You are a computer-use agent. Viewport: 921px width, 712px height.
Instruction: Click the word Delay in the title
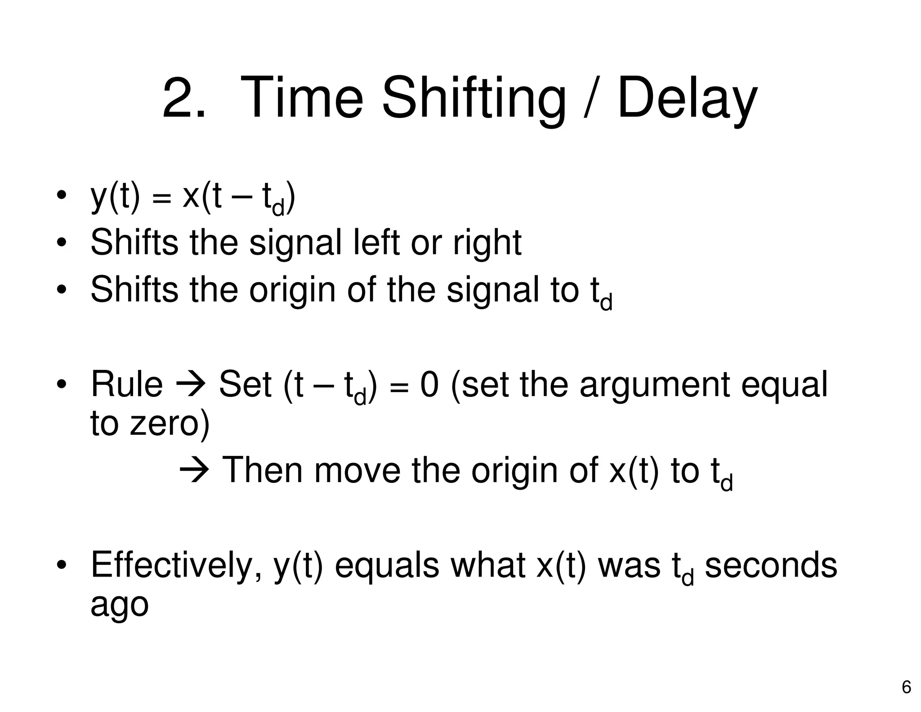coord(687,98)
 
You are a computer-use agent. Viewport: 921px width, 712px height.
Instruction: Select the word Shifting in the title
coord(474,98)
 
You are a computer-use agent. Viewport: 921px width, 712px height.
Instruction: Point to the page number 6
coord(907,688)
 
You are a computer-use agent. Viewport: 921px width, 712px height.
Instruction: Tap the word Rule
coord(127,384)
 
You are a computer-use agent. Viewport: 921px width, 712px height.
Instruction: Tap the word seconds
coord(771,565)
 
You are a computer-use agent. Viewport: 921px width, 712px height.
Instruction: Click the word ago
coord(120,606)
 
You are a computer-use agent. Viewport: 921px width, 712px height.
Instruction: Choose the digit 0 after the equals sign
coord(429,384)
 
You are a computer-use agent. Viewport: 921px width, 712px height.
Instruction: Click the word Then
coord(263,470)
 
